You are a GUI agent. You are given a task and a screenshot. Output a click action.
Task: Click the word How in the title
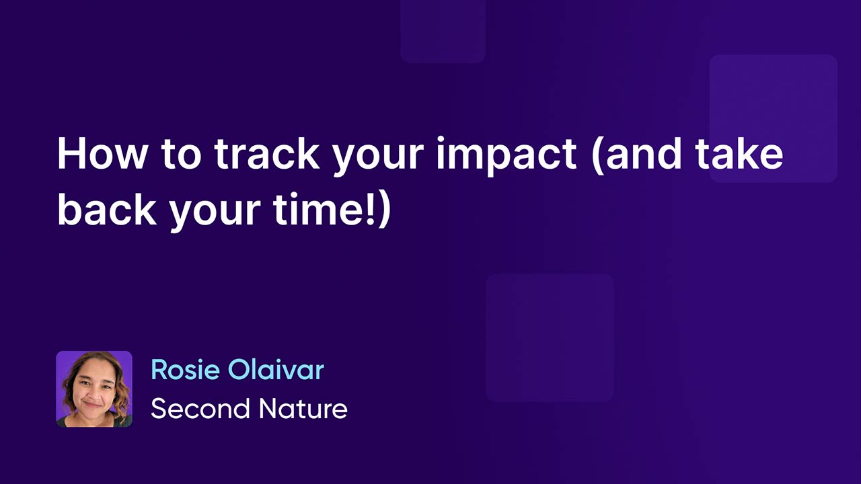(x=102, y=154)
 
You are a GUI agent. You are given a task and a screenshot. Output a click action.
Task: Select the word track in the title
(x=267, y=154)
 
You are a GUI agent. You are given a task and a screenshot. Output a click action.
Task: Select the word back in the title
(x=107, y=209)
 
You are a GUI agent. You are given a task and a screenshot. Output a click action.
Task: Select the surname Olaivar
(x=276, y=370)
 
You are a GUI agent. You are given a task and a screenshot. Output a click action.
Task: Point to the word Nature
(x=303, y=408)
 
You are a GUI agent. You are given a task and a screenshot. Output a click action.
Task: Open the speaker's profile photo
(x=94, y=389)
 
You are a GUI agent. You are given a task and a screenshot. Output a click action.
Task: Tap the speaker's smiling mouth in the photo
(x=92, y=404)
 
